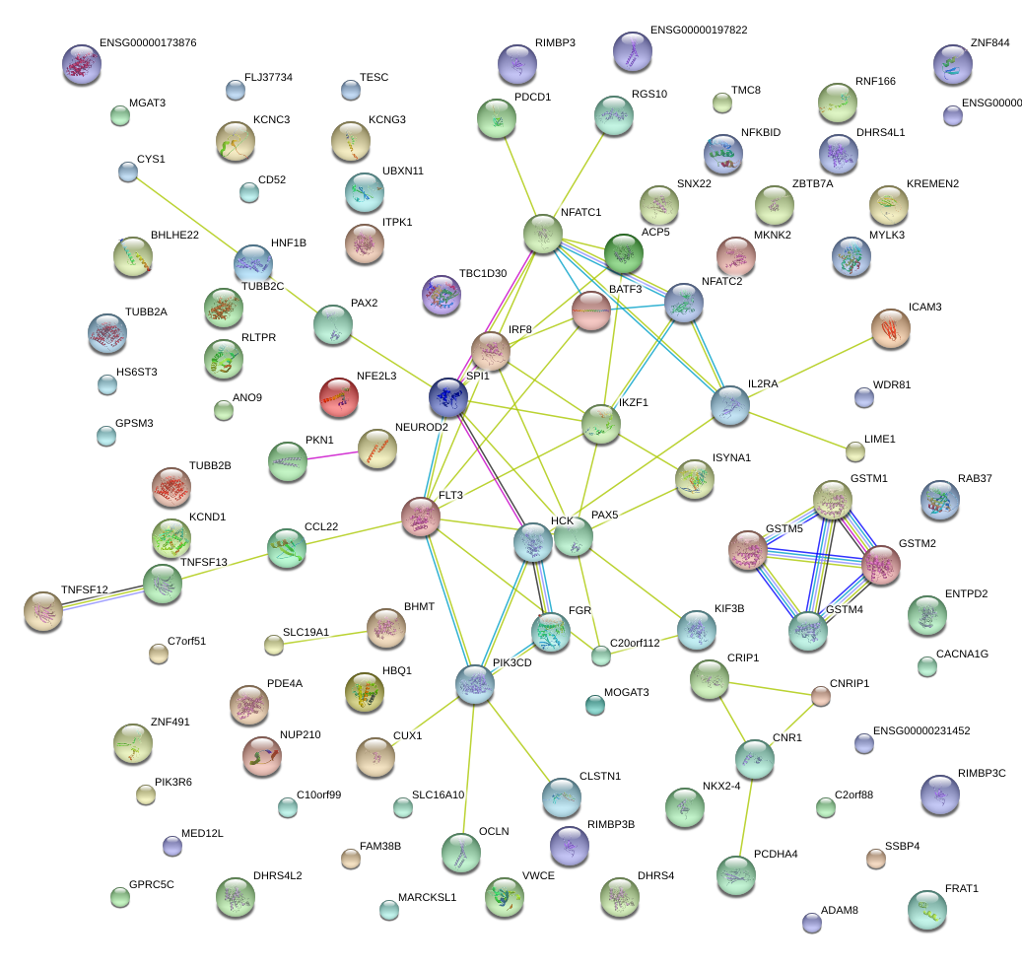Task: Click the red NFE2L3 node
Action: [339, 396]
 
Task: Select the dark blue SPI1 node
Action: [448, 396]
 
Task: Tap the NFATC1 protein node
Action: [542, 234]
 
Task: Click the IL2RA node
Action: [730, 405]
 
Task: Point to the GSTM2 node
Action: [880, 565]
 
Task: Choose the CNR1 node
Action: [754, 758]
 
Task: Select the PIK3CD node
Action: [474, 683]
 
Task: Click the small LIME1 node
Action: [855, 451]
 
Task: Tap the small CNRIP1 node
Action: [821, 697]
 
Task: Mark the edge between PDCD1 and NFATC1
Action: [519, 176]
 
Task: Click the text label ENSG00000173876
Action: [148, 44]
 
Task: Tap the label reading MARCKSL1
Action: [427, 898]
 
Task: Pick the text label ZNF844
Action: [989, 44]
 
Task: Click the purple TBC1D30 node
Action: [441, 295]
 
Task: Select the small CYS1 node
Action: [127, 172]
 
